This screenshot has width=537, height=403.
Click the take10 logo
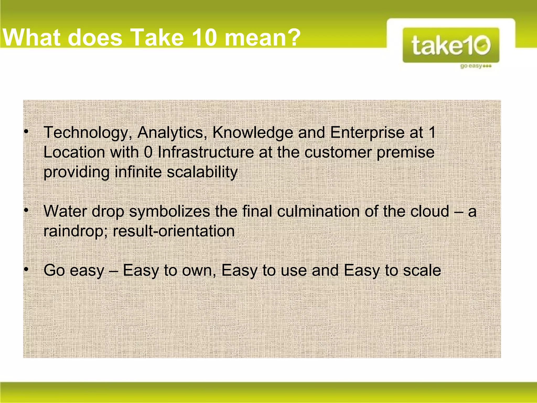(x=451, y=45)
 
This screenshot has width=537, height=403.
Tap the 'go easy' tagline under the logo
(x=475, y=66)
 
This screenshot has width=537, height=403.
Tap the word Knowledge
(x=253, y=132)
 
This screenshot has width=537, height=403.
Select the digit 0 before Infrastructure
(x=148, y=152)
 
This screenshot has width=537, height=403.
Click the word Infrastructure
(x=206, y=152)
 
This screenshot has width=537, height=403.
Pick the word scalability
(x=202, y=172)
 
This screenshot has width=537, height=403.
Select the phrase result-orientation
(x=174, y=231)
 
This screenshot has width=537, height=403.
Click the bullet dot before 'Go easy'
(x=26, y=269)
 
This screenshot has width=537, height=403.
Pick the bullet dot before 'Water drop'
(x=26, y=210)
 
